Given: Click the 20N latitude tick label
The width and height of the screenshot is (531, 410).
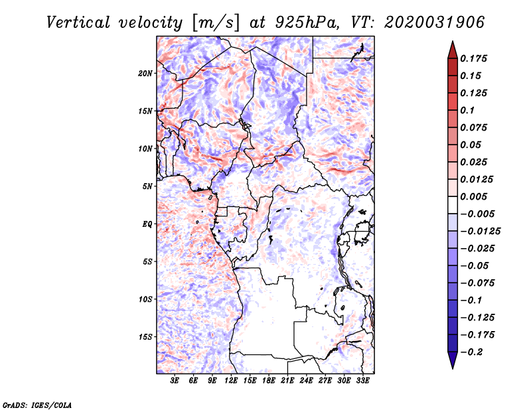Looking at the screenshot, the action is (145, 74).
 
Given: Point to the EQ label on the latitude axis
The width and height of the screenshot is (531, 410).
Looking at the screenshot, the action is (147, 224).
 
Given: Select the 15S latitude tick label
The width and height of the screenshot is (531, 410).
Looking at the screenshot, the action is (145, 337).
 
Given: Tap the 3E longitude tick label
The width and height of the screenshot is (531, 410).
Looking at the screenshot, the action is (175, 381).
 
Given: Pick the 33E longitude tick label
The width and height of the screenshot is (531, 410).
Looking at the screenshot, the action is (362, 381).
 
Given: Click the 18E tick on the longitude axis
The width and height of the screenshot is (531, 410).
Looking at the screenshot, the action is (269, 381).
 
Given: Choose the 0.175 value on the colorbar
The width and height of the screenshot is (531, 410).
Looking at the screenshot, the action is (473, 58).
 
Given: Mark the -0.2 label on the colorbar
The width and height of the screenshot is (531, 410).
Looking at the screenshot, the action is (471, 352).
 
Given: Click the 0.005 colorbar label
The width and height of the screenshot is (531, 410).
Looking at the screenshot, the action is (473, 196).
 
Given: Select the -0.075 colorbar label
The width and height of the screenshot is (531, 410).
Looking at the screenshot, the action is (477, 283).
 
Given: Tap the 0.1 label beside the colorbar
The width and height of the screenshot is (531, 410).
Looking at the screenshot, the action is (467, 110).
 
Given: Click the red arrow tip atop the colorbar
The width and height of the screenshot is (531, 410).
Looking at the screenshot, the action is (453, 41).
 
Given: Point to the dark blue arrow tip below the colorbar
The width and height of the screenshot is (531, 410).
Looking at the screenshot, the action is (453, 368).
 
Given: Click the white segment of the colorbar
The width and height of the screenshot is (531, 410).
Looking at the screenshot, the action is (453, 205).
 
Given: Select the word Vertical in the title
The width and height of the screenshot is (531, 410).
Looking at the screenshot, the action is (78, 23).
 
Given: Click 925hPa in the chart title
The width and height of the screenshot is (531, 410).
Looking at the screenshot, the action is (307, 23).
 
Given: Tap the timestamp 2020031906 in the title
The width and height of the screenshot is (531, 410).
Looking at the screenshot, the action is (434, 23).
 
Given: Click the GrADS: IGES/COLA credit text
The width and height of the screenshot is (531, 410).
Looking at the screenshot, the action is (37, 405).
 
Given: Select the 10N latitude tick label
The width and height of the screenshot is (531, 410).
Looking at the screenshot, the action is (145, 149).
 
